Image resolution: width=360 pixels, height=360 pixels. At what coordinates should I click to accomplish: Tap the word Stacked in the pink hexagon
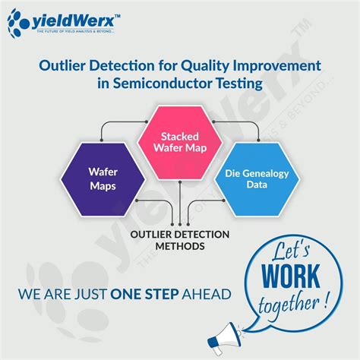[180, 135]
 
